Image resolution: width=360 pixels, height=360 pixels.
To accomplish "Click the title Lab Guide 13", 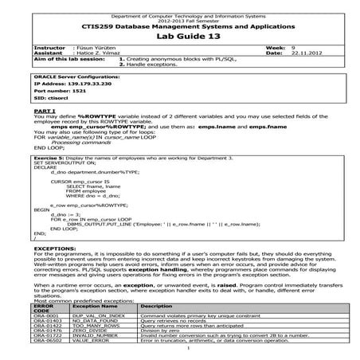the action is pyautogui.click(x=181, y=36).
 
